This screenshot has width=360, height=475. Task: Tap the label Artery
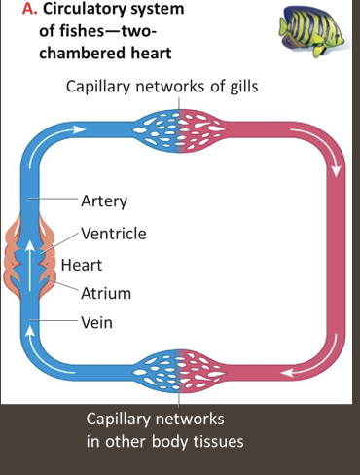coord(105,202)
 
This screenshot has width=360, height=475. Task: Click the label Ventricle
coord(114,234)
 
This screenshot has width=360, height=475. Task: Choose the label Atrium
coord(106,292)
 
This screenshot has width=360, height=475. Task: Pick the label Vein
coord(97,322)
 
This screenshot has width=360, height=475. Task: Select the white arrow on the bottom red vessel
coord(292,371)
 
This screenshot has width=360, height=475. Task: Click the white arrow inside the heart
coord(30,263)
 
